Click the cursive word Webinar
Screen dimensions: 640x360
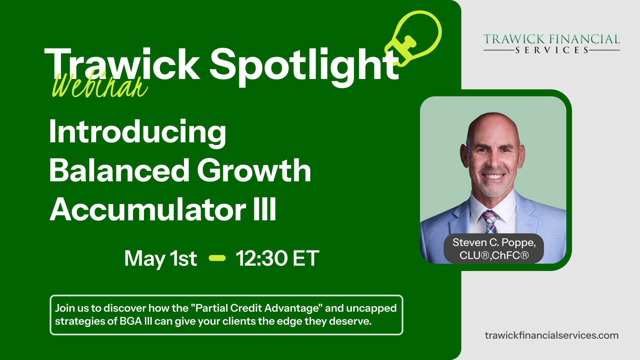click(x=100, y=85)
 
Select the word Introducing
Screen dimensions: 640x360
click(x=137, y=132)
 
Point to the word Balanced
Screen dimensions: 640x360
click(x=119, y=170)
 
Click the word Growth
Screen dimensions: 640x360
click(x=254, y=170)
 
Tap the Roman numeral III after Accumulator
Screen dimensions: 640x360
click(x=265, y=209)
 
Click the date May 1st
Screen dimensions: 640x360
click(x=161, y=259)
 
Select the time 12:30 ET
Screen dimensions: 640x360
click(x=277, y=258)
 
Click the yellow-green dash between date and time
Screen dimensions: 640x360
click(x=217, y=258)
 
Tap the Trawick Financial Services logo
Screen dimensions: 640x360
click(x=551, y=44)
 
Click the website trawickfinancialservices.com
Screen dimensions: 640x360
click(x=552, y=335)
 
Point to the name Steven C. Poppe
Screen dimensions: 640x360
click(x=494, y=243)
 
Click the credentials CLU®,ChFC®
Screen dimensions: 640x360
click(x=494, y=255)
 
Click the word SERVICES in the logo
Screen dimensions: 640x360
click(x=552, y=50)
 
